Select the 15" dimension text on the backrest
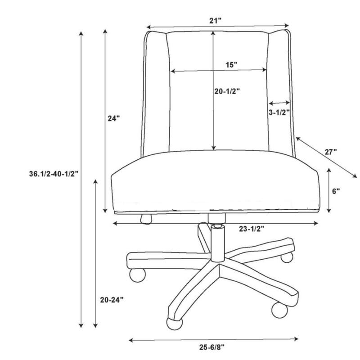point(231,65)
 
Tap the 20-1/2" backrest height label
point(227,91)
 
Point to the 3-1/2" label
point(279,113)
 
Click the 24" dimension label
point(114,119)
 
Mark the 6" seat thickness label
point(336,191)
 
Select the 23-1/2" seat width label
point(251,229)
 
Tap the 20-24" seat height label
point(111,299)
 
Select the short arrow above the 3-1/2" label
point(279,103)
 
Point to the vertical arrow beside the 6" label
point(330,190)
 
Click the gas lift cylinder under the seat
point(217,243)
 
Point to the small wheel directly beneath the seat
point(146,219)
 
